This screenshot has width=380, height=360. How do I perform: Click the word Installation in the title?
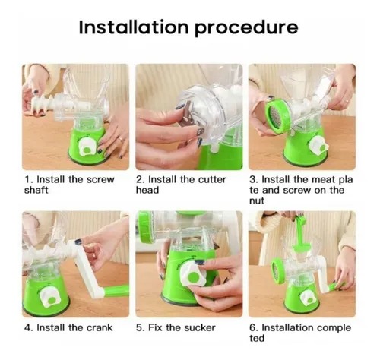coord(134,27)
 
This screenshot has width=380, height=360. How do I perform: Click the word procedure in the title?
coord(246,28)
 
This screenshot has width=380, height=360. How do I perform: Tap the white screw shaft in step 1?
coord(43,104)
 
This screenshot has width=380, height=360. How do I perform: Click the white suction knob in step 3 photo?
coord(318,147)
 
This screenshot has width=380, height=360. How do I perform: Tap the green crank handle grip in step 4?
coord(116,291)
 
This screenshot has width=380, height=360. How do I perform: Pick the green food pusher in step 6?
coord(301,233)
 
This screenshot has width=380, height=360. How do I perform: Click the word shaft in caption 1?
coord(36,190)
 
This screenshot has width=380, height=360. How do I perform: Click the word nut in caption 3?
coord(257,201)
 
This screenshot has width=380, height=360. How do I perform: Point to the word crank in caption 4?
coord(100,327)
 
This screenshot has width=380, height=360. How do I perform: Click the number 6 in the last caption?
coord(253,327)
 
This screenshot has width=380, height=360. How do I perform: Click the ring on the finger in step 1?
coord(121,139)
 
